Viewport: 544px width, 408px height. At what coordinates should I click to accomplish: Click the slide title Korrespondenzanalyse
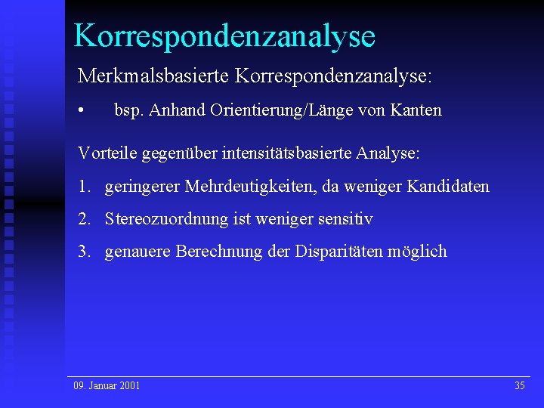(224, 36)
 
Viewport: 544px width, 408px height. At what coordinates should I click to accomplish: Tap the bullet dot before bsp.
(81, 110)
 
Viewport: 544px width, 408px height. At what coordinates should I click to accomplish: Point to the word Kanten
(416, 110)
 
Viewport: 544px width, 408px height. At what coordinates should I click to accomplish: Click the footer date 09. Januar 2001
(107, 386)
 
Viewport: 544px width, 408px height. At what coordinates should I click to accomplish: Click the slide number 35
(519, 386)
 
